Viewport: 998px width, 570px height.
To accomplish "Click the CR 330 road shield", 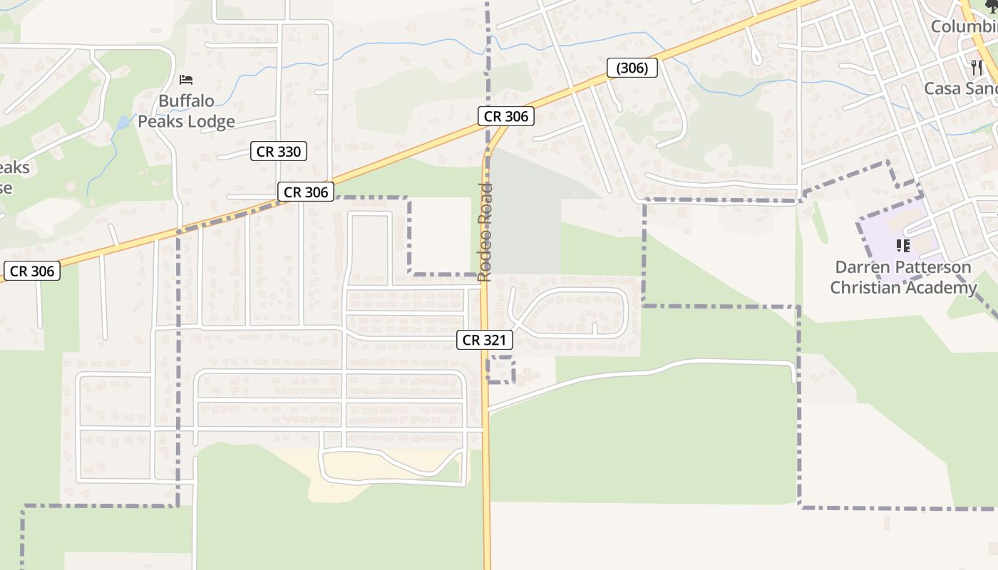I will (279, 151).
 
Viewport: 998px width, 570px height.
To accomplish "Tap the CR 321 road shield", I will (485, 340).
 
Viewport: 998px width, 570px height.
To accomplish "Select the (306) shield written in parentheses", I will (632, 68).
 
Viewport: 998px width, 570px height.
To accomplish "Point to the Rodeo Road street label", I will (485, 232).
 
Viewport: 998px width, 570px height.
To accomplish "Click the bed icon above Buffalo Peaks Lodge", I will (186, 79).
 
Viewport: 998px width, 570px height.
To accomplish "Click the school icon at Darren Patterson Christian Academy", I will (903, 246).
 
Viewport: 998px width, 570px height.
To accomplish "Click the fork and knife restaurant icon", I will (977, 68).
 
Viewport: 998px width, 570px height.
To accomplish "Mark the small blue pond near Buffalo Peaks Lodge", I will (123, 122).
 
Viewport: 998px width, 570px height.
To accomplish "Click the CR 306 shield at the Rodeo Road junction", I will (505, 116).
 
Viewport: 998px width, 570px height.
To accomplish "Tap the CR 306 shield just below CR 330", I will (306, 192).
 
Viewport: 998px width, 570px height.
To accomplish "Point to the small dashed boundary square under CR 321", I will (502, 369).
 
